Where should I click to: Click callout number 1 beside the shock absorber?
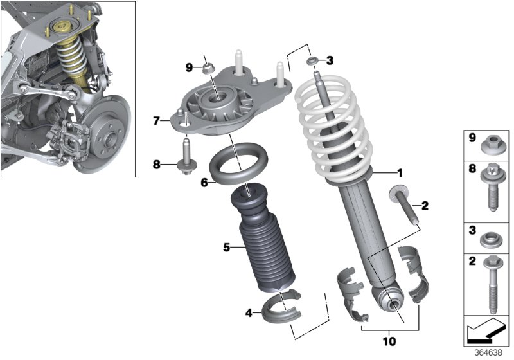(399, 172)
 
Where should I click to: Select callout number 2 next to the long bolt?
(424, 206)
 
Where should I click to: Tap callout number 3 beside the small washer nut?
(330, 60)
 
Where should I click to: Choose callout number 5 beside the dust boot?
(226, 247)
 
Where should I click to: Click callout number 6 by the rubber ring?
(204, 183)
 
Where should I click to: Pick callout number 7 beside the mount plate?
(156, 120)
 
